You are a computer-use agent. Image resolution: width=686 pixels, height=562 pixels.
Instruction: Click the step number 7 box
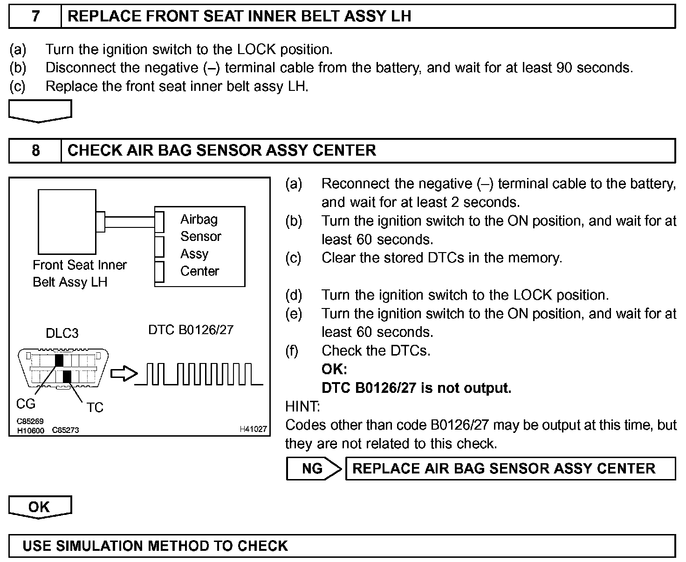[35, 16]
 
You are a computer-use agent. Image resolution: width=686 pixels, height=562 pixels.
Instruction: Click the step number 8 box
[35, 151]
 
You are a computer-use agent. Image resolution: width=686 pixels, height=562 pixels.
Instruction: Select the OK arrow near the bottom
[40, 507]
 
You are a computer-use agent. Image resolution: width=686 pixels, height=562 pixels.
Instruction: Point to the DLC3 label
[62, 333]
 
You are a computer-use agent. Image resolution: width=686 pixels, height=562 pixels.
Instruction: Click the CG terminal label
[26, 404]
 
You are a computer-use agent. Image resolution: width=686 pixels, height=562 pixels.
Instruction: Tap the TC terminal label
[95, 408]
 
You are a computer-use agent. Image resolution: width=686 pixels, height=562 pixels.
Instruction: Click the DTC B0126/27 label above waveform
[191, 330]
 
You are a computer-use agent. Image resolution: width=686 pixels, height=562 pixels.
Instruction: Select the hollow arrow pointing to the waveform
[124, 374]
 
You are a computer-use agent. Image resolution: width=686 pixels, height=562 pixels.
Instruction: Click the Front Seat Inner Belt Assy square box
[67, 221]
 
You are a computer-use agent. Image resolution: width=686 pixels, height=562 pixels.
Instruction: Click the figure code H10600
[30, 431]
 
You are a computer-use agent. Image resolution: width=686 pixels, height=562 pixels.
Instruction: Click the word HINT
[302, 407]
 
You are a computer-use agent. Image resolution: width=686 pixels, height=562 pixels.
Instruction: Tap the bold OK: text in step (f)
[334, 370]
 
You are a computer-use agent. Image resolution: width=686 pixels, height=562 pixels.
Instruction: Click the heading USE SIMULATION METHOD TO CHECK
[155, 546]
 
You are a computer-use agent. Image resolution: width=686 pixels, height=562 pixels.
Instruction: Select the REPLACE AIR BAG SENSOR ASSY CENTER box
[510, 468]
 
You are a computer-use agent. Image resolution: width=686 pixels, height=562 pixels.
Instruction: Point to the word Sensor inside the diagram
[201, 237]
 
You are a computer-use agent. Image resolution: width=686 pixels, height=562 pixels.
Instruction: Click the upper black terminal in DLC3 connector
[59, 360]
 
